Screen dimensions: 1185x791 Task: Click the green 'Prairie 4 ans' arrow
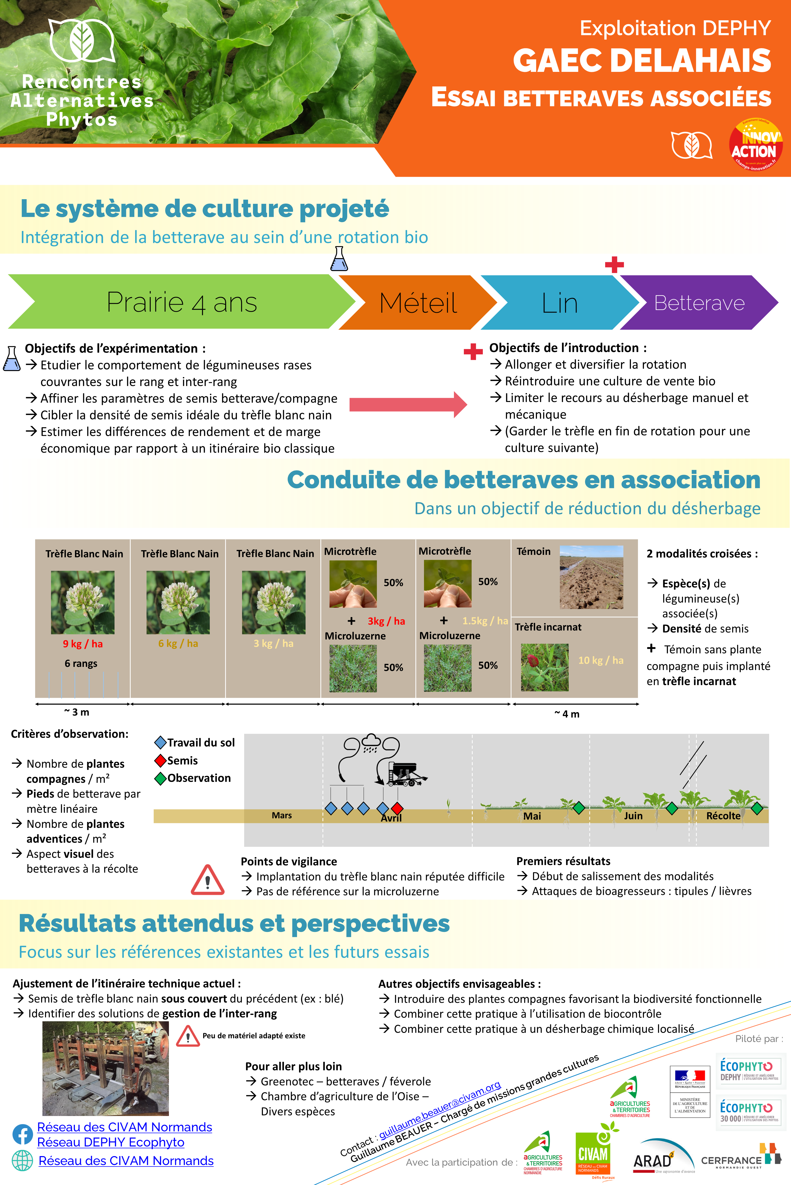[182, 302]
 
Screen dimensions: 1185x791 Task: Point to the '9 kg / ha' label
[83, 643]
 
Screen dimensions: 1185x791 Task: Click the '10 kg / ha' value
[600, 660]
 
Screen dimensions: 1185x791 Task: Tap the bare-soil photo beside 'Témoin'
[591, 577]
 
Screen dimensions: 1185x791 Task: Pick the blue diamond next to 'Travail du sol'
[160, 742]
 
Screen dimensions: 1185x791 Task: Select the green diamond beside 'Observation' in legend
[160, 778]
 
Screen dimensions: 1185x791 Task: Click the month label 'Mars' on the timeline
[281, 815]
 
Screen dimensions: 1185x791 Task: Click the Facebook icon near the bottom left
[22, 1134]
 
